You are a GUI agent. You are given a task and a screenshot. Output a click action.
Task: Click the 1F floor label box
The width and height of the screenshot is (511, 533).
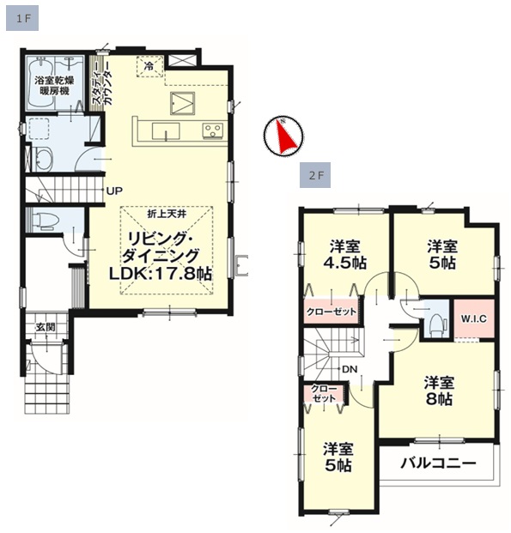22,19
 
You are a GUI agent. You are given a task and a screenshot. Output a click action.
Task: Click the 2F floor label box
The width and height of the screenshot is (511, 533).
315,175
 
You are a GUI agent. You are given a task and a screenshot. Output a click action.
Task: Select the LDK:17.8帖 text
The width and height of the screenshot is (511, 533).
161,273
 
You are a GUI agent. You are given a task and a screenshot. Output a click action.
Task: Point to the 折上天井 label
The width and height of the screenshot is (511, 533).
167,215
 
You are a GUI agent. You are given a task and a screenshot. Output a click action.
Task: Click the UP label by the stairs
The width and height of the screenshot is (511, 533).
114,191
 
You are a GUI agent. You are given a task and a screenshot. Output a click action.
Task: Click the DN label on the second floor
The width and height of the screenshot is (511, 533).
350,369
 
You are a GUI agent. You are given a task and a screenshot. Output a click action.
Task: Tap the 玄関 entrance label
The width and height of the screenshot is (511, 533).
46,327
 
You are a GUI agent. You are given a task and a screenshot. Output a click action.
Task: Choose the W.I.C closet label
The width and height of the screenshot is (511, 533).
474,318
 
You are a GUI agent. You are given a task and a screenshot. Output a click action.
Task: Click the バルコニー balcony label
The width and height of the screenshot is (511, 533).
438,463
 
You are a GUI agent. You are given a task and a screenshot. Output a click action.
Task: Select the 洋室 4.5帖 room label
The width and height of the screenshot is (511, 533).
344,254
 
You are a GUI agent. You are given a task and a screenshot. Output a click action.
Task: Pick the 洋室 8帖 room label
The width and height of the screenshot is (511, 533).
439,391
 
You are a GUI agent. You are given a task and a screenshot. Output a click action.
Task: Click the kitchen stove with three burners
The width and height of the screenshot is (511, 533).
213,130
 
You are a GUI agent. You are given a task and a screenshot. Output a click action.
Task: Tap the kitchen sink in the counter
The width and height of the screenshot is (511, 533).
166,131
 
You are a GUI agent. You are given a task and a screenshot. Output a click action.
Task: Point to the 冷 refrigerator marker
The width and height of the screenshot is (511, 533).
149,66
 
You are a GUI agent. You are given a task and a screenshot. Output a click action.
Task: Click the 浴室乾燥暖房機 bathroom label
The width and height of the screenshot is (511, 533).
54,86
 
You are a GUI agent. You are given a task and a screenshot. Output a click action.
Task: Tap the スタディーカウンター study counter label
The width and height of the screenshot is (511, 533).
101,83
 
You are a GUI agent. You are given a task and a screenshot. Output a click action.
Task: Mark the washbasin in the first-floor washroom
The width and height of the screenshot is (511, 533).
42,160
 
